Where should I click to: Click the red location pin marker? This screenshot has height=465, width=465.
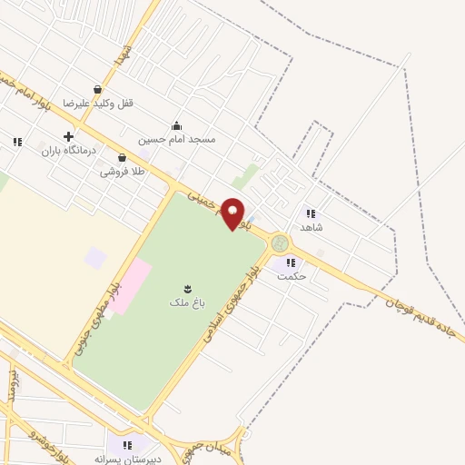(233, 213)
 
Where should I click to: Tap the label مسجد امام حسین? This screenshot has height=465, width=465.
(177, 140)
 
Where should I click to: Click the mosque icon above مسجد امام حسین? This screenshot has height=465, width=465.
(176, 126)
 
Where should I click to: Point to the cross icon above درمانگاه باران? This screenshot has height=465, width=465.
(68, 136)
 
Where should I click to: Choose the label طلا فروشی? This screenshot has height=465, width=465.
(123, 170)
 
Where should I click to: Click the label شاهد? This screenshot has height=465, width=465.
(312, 227)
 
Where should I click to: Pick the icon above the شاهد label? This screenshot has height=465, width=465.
(311, 213)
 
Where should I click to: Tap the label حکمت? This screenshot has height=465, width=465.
(292, 275)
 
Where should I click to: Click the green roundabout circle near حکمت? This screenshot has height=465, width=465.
(280, 242)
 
